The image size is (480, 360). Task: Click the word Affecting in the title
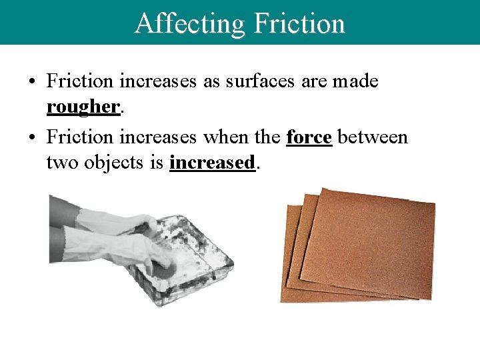tap(190, 23)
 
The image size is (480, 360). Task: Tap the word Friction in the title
tap(299, 23)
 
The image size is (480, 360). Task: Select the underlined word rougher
tap(83, 107)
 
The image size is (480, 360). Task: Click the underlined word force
tap(309, 137)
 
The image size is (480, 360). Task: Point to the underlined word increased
tap(212, 162)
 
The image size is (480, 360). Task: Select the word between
tap(373, 137)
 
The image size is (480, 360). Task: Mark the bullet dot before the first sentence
tap(32, 83)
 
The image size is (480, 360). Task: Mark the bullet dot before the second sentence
tap(32, 137)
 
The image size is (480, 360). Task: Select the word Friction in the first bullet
tap(80, 82)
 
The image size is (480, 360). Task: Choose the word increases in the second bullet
tap(158, 137)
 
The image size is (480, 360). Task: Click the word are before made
tap(313, 82)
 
